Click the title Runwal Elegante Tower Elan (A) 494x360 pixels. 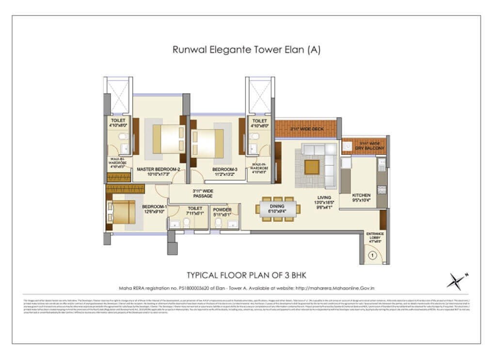[x=246, y=50]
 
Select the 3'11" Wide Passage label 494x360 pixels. [x=202, y=193]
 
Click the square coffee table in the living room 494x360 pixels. [x=312, y=167]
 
